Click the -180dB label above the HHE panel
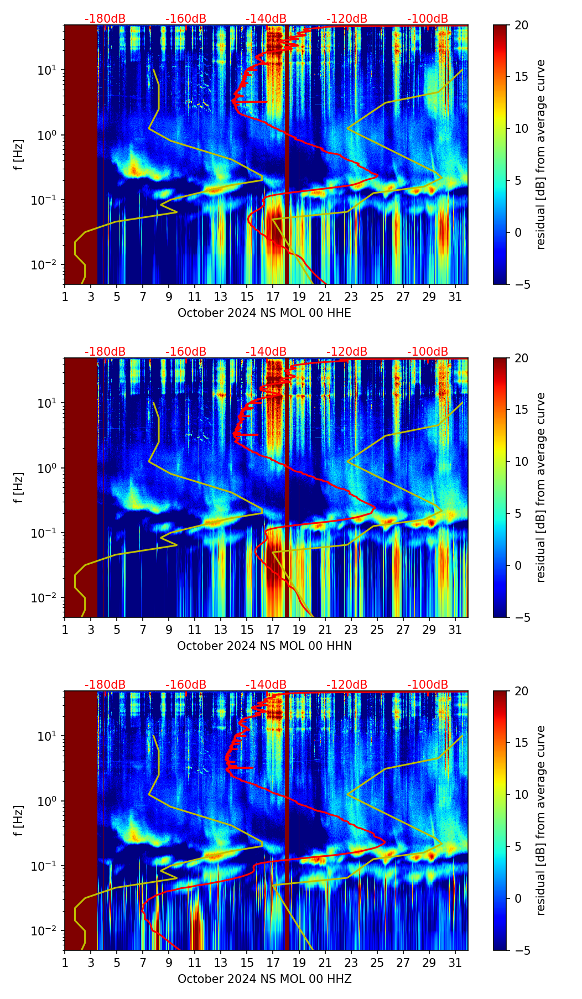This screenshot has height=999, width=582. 105,19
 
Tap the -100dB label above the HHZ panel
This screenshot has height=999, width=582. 428,685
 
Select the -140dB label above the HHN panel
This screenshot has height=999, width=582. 266,352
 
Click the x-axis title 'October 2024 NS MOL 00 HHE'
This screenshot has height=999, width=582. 264,313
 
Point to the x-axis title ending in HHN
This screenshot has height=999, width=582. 264,646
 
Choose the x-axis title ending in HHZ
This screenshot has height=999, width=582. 264,979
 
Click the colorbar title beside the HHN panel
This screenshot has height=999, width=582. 541,487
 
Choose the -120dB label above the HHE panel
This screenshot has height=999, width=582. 347,19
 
